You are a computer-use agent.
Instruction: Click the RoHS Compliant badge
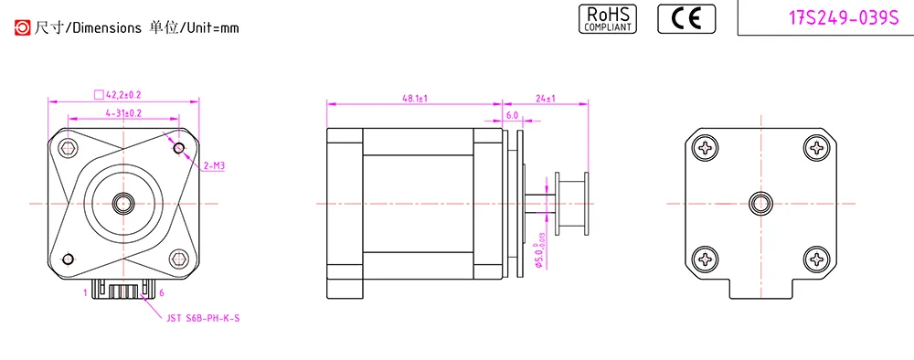pyautogui.click(x=608, y=18)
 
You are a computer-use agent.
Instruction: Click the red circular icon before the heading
pyautogui.click(x=22, y=27)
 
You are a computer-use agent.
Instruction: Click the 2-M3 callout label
pyautogui.click(x=213, y=166)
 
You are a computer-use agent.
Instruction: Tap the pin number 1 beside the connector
pyautogui.click(x=85, y=293)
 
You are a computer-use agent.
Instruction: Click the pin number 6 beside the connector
pyautogui.click(x=162, y=293)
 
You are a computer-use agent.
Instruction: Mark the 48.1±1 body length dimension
pyautogui.click(x=415, y=97)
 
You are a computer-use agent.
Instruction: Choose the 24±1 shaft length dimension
pyautogui.click(x=546, y=97)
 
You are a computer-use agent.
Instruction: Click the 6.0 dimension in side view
pyautogui.click(x=512, y=116)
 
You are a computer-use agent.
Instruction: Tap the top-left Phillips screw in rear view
pyautogui.click(x=707, y=148)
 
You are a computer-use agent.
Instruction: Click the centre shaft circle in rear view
pyautogui.click(x=760, y=203)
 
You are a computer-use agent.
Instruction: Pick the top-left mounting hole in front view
pyautogui.click(x=67, y=148)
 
